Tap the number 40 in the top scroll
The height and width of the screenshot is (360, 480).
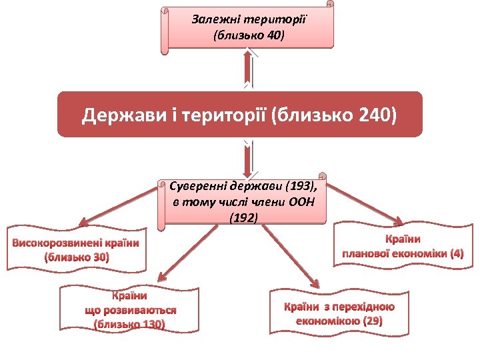(x=273, y=35)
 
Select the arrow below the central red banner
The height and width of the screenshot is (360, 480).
(x=249, y=157)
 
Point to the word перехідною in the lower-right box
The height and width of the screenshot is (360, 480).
(x=368, y=307)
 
